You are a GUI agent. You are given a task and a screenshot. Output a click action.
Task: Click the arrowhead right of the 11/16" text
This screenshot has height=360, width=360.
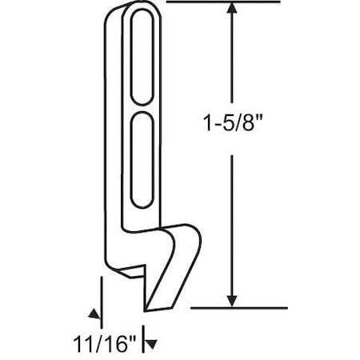pos(146,342)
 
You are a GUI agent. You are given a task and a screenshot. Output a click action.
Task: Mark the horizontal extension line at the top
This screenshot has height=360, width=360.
pos(224,2)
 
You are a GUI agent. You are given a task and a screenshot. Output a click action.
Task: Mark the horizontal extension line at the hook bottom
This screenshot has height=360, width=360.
pos(240,307)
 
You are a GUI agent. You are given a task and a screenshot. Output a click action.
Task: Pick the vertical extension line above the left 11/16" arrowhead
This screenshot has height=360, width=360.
pos(101,292)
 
